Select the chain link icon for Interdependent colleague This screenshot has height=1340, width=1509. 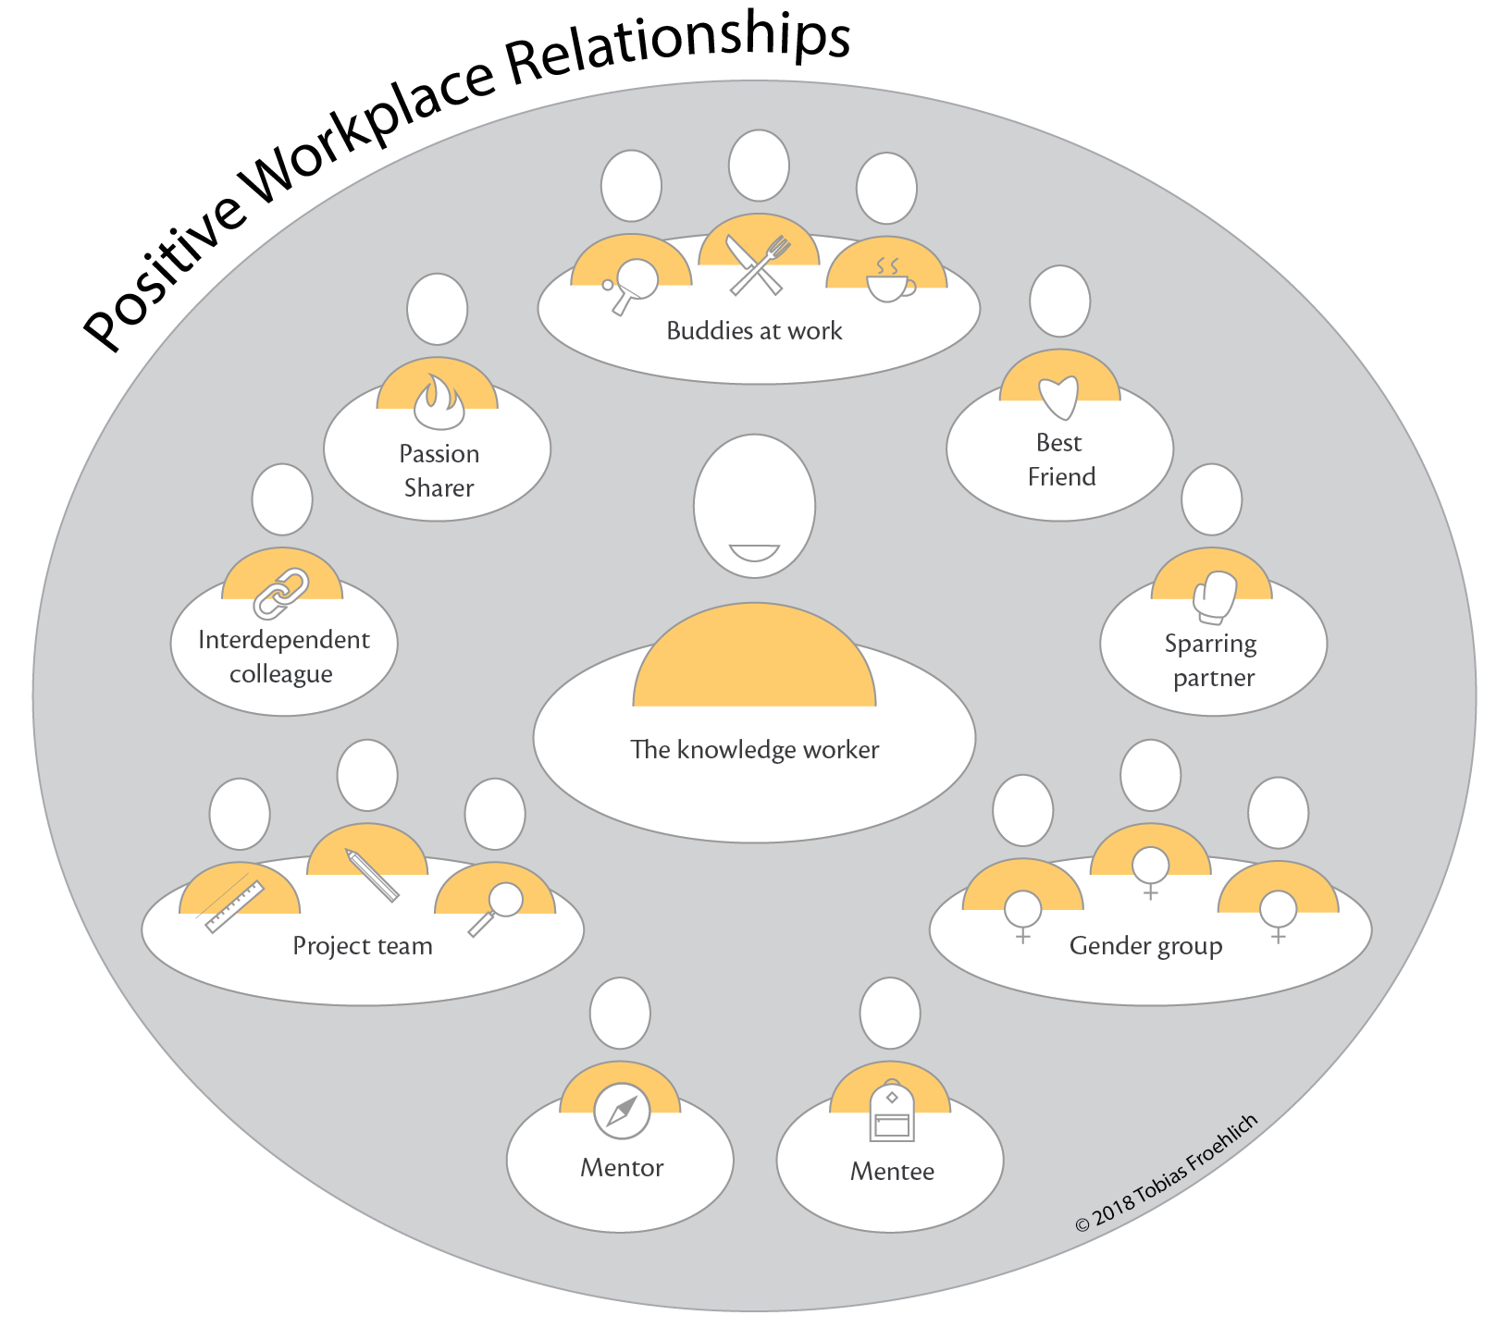pyautogui.click(x=281, y=593)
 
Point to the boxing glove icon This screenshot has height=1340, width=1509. pyautogui.click(x=1215, y=597)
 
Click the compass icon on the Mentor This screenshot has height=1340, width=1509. pyautogui.click(x=622, y=1111)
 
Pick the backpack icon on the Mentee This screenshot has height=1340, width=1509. pyautogui.click(x=892, y=1113)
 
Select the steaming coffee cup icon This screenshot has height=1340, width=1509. pyautogui.click(x=889, y=281)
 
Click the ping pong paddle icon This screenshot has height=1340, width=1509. pyautogui.click(x=633, y=283)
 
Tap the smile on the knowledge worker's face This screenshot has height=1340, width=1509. pyautogui.click(x=754, y=553)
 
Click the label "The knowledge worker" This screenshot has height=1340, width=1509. pyautogui.click(x=754, y=749)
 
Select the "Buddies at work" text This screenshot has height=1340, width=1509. pyautogui.click(x=754, y=331)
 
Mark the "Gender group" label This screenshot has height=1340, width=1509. pyautogui.click(x=1145, y=946)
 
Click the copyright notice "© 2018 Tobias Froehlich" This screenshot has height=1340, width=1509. pyautogui.click(x=1166, y=1173)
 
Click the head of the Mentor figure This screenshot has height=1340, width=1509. pyautogui.click(x=620, y=1013)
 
